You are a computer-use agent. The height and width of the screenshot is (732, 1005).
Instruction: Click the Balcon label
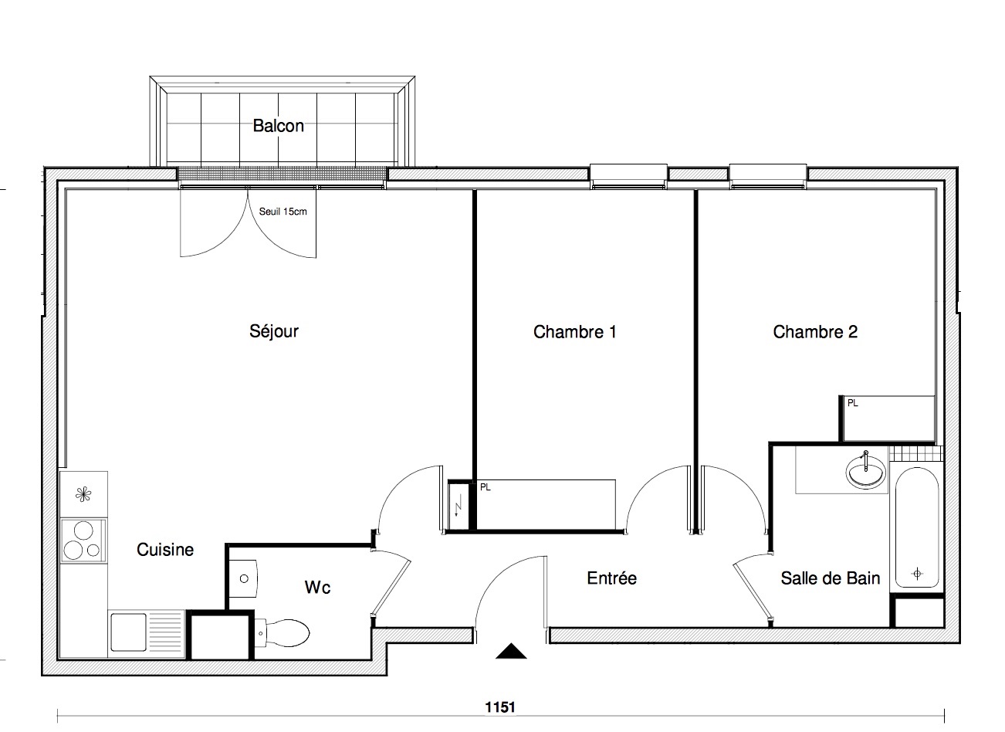278,126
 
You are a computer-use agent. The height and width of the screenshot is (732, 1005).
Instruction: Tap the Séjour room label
274,331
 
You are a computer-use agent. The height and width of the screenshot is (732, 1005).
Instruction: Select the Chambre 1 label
575,332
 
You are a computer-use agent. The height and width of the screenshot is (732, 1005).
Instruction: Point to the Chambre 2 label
815,332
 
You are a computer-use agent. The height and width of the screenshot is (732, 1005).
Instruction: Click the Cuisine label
165,549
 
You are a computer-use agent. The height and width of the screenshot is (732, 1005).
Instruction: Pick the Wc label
318,588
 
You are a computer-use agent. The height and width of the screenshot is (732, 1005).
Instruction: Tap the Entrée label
611,578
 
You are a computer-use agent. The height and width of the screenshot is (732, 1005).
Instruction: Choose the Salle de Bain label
830,578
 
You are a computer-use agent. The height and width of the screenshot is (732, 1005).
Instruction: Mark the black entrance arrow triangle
511,651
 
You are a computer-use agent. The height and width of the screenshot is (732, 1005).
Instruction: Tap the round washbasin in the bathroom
865,471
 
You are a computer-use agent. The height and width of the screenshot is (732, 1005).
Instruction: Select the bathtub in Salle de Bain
917,527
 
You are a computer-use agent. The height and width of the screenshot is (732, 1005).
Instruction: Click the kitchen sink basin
128,632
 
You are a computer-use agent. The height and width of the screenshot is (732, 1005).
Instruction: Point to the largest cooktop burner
83,531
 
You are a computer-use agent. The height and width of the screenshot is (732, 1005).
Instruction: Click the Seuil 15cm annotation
283,212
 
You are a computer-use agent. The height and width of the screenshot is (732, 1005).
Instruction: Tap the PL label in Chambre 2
852,404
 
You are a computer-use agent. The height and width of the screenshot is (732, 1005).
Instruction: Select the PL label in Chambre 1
485,487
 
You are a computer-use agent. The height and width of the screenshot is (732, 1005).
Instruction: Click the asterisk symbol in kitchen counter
83,495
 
